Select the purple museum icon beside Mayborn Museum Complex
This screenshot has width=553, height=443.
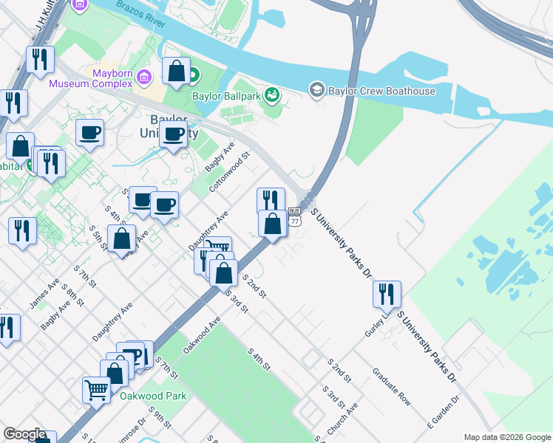(145, 76)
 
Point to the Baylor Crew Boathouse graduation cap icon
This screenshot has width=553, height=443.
(317, 90)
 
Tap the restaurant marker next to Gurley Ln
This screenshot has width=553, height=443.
(387, 295)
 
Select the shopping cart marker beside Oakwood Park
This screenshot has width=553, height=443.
(97, 388)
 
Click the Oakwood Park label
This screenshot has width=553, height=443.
(153, 396)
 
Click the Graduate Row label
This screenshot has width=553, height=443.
(391, 386)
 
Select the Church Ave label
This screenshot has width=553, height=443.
(348, 417)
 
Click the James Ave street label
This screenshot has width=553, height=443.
(44, 294)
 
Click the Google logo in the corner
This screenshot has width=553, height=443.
(24, 434)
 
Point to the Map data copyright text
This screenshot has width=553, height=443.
(507, 437)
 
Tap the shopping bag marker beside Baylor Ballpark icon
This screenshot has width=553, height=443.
(176, 72)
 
